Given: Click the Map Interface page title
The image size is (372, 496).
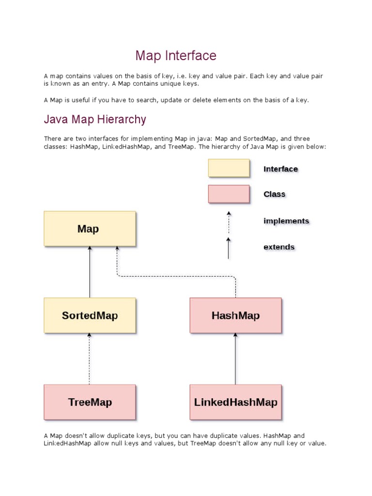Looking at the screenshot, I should pyautogui.click(x=176, y=56).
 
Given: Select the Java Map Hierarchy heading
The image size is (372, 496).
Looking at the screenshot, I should pyautogui.click(x=95, y=119).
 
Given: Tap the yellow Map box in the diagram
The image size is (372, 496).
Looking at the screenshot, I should pyautogui.click(x=90, y=229).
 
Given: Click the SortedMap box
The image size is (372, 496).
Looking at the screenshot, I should pyautogui.click(x=90, y=315).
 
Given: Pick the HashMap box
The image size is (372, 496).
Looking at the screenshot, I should pyautogui.click(x=235, y=315).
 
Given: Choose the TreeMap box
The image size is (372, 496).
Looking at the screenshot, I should pyautogui.click(x=90, y=402).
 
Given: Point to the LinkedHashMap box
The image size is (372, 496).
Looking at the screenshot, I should pyautogui.click(x=235, y=402).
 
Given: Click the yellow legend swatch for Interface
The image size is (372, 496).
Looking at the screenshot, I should pyautogui.click(x=229, y=169).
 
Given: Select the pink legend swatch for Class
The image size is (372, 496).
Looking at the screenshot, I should pyautogui.click(x=229, y=194).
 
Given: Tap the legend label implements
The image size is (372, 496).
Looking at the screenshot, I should pyautogui.click(x=286, y=221).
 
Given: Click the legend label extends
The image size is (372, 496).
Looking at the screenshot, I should pyautogui.click(x=279, y=247).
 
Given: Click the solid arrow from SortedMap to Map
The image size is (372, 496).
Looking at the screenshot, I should pyautogui.click(x=90, y=272).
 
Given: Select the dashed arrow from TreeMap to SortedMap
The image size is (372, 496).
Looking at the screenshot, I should pyautogui.click(x=90, y=358).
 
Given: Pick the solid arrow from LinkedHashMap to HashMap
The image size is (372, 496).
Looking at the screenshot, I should pyautogui.click(x=235, y=358).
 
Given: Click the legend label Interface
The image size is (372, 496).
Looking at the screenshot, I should pyautogui.click(x=280, y=169).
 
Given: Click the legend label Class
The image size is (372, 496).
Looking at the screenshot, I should pyautogui.click(x=274, y=194).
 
